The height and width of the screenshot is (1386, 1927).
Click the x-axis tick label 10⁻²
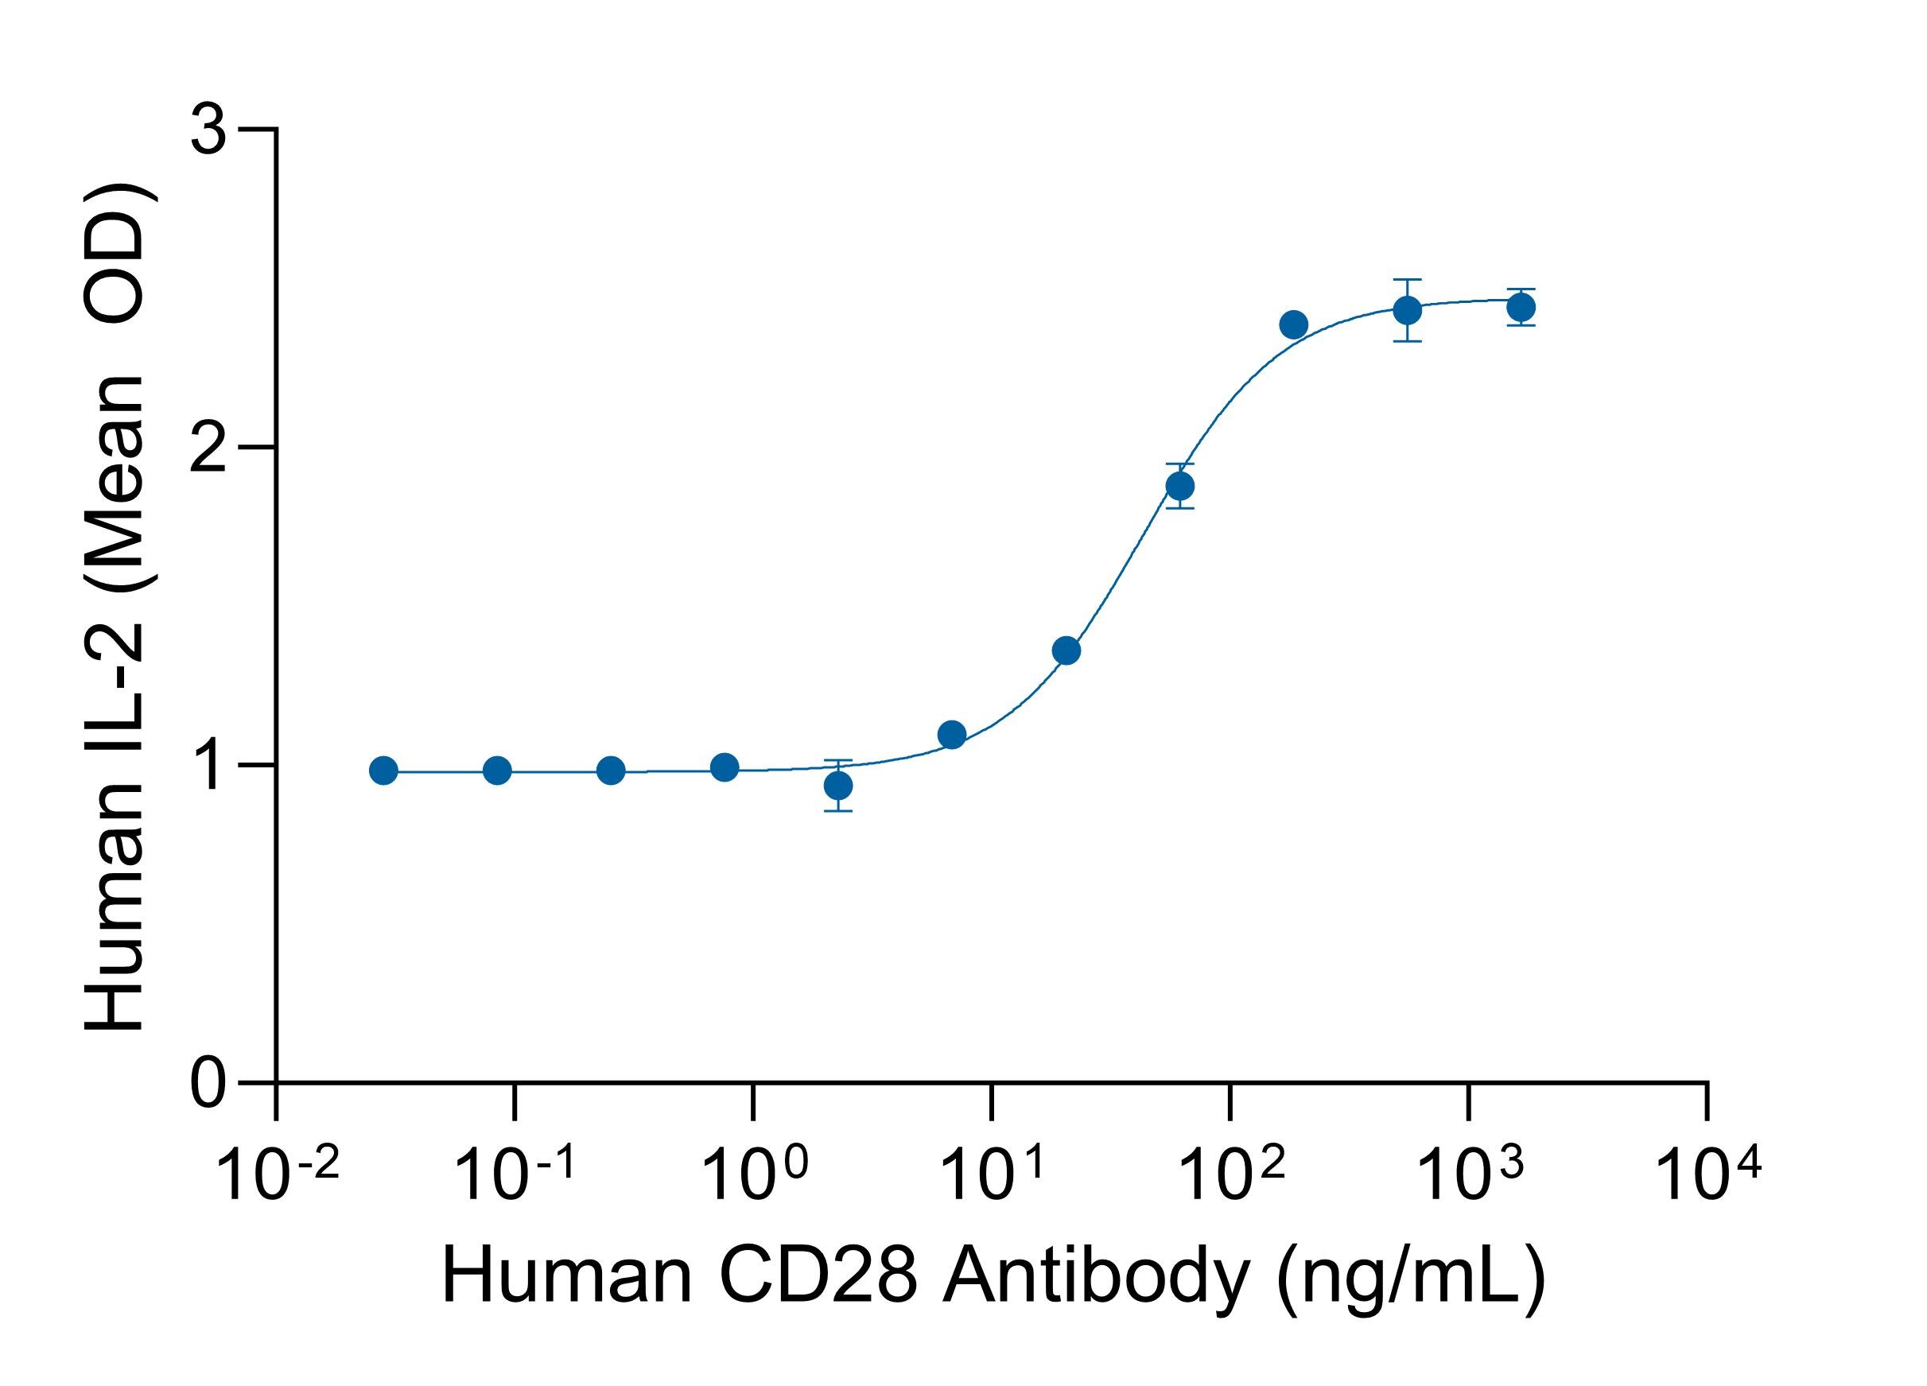(278, 1175)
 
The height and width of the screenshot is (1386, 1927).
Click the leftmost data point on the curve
(383, 771)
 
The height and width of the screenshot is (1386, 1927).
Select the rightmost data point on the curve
(1521, 307)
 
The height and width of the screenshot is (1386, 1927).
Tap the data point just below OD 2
(1180, 486)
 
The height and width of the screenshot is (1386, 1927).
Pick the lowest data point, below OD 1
(838, 785)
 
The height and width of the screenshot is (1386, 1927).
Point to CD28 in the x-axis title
(818, 1275)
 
